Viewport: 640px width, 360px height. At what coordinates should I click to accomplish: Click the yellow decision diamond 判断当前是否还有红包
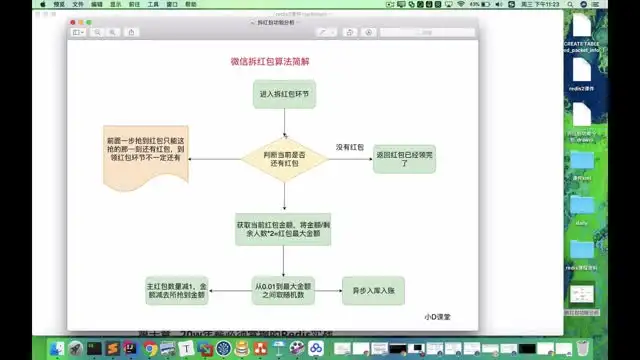click(284, 157)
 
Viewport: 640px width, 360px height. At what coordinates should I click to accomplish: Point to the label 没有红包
click(347, 147)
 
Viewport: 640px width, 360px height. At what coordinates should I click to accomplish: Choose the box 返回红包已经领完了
click(405, 158)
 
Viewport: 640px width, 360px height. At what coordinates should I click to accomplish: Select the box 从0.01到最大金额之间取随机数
click(284, 290)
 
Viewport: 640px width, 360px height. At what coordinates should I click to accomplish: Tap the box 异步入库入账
click(369, 290)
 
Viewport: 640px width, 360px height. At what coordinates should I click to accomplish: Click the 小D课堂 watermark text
click(438, 315)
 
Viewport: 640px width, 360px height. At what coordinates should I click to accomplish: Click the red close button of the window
click(75, 21)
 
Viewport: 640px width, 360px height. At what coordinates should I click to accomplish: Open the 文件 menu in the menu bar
click(78, 5)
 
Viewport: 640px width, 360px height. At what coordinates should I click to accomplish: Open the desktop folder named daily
click(581, 210)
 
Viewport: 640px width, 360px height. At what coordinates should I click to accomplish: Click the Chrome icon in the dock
click(149, 349)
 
